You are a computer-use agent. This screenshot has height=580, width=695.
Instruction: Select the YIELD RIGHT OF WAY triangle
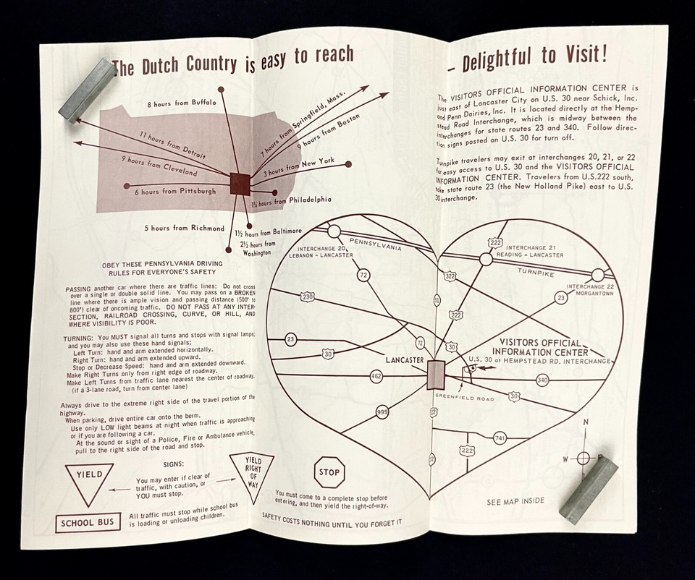pos(251,471)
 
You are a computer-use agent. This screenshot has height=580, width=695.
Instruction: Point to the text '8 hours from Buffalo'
pos(181,103)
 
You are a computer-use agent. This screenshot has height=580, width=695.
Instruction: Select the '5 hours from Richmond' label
pos(184,228)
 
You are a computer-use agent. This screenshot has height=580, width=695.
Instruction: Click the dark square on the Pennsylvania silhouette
pos(240,183)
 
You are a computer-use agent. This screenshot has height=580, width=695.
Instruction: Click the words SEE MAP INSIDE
pos(515,500)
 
